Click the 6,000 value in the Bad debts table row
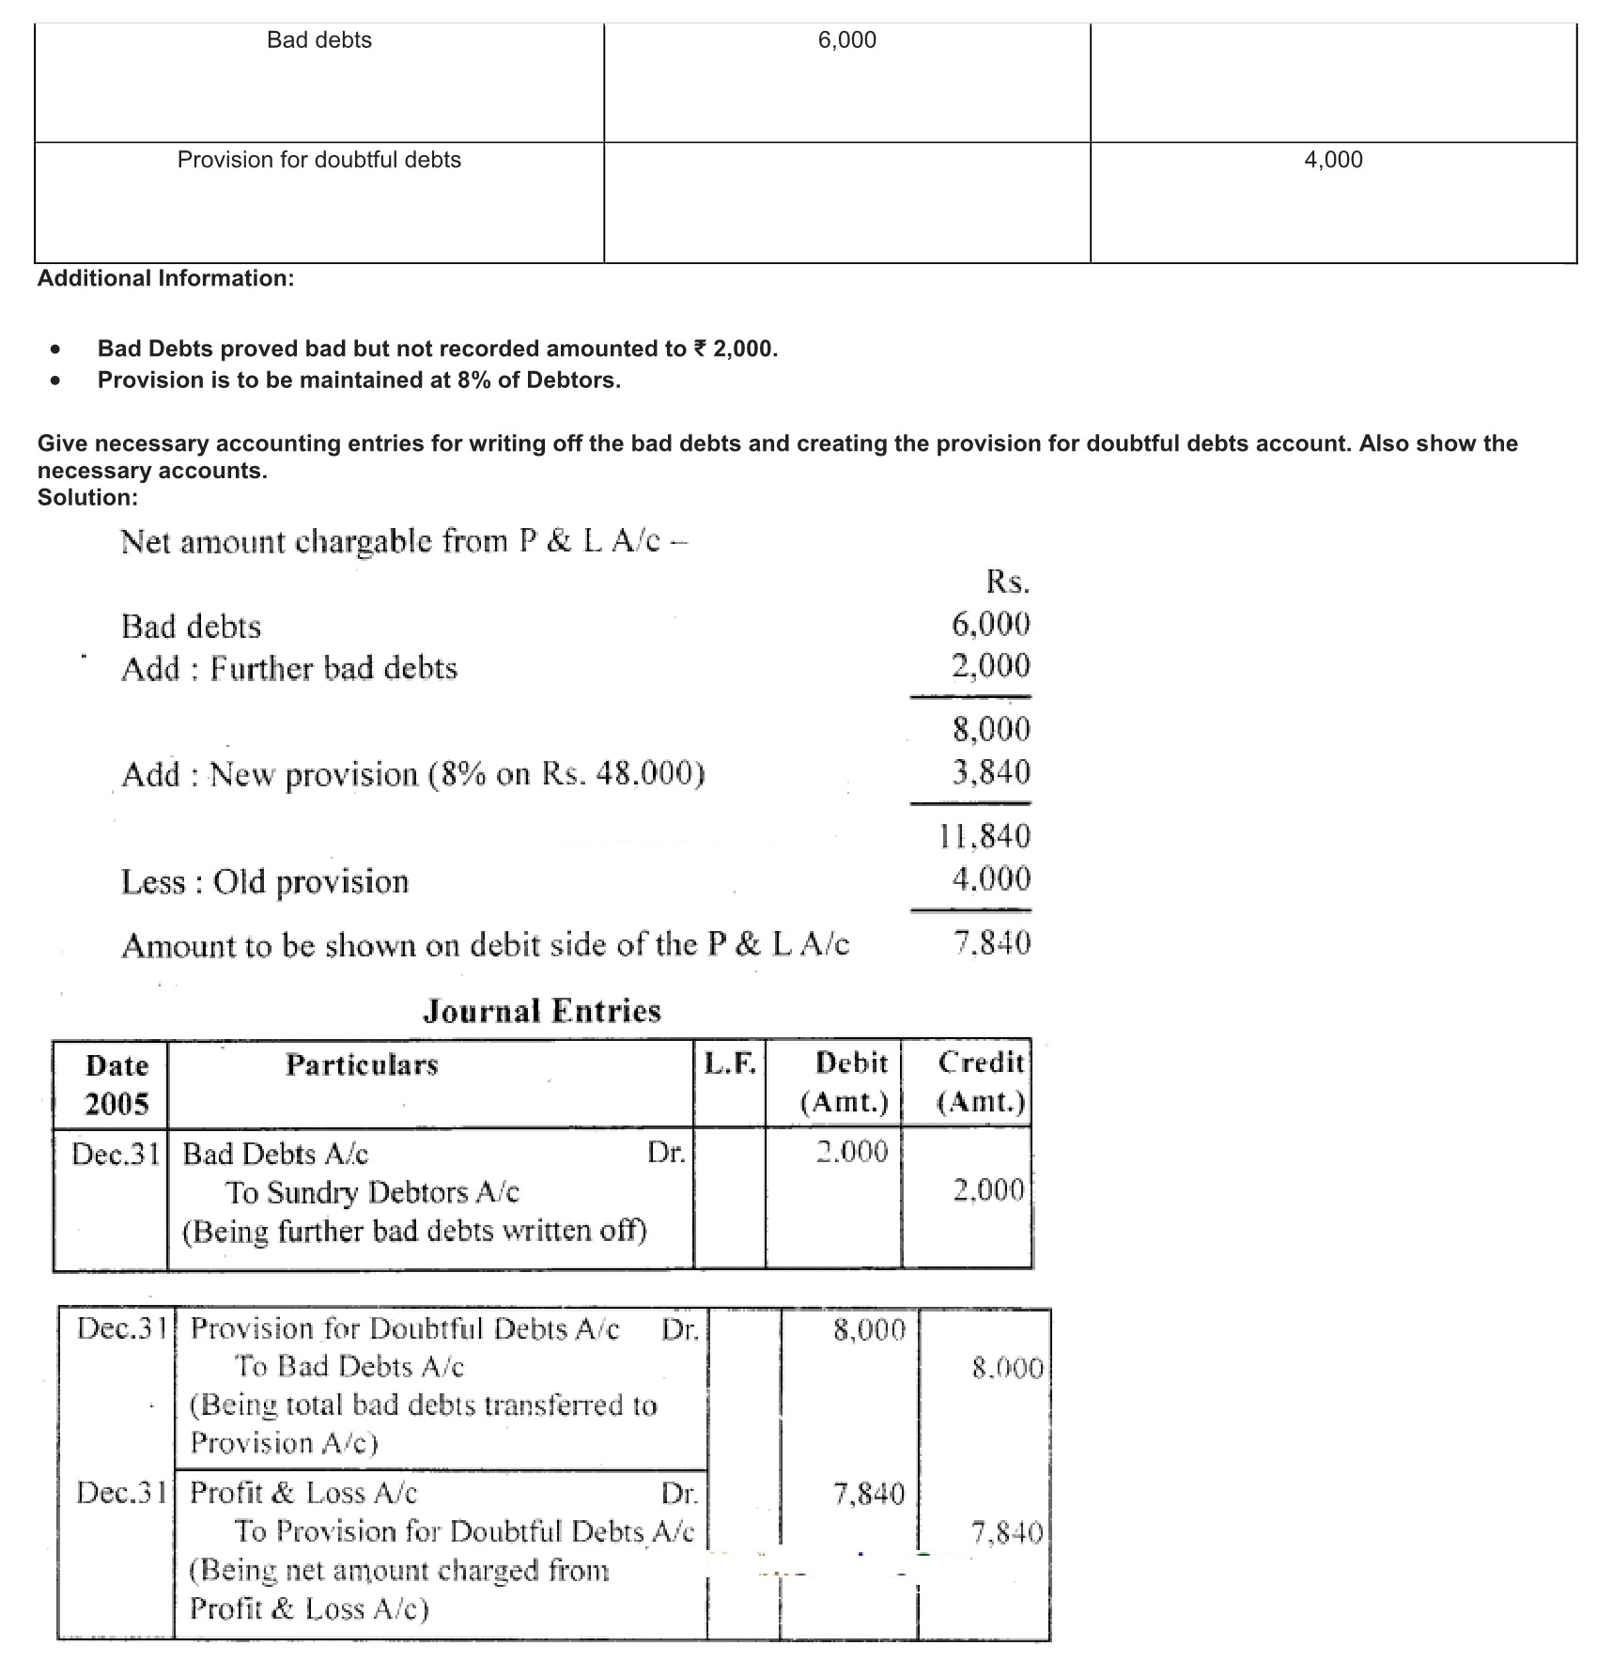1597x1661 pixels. pyautogui.click(x=846, y=40)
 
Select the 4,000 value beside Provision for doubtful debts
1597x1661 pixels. pyautogui.click(x=1333, y=160)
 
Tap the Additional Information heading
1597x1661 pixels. pyautogui.click(x=165, y=278)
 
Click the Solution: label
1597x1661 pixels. pyautogui.click(x=87, y=497)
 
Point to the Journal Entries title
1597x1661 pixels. pyautogui.click(x=542, y=1011)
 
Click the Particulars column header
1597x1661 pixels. pyautogui.click(x=362, y=1064)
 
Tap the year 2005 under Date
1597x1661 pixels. pyautogui.click(x=116, y=1104)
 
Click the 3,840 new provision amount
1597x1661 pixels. pyautogui.click(x=990, y=772)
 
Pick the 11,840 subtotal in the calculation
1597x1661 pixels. pyautogui.click(x=985, y=835)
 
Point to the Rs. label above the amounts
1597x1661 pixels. pyautogui.click(x=1007, y=582)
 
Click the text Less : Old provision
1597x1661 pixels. pyautogui.click(x=265, y=882)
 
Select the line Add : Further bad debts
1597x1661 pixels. pyautogui.click(x=289, y=669)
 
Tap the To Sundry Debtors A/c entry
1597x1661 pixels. pyautogui.click(x=372, y=1192)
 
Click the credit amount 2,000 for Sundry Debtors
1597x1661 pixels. pyautogui.click(x=988, y=1190)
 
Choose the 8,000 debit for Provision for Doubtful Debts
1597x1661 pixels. pyautogui.click(x=869, y=1329)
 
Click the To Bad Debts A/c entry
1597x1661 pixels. pyautogui.click(x=349, y=1366)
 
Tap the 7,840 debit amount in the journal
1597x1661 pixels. pyautogui.click(x=869, y=1493)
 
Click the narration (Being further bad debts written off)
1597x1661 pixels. pyautogui.click(x=414, y=1231)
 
